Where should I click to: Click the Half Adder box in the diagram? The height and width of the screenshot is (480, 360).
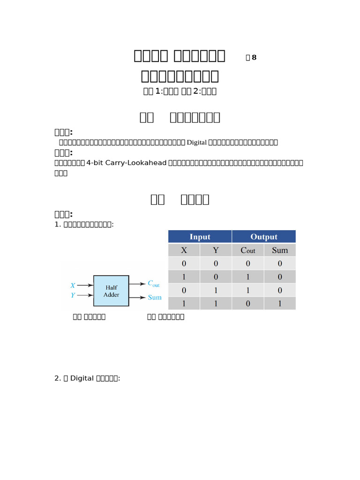click(111, 291)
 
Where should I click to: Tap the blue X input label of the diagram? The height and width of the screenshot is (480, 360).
click(73, 285)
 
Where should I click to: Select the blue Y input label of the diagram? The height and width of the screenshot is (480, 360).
click(73, 295)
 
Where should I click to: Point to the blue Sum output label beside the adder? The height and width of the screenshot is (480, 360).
click(155, 297)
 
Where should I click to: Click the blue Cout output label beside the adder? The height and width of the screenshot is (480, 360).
click(154, 284)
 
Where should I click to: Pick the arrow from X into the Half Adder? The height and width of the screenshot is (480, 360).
click(85, 285)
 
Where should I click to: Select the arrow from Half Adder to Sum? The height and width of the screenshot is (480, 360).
click(137, 297)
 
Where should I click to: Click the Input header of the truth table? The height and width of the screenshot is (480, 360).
click(200, 237)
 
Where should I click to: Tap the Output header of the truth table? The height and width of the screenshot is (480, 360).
click(264, 237)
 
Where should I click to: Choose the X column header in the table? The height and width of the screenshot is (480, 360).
click(184, 250)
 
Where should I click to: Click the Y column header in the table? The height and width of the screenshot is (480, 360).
click(216, 250)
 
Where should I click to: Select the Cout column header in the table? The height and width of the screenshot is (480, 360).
click(247, 250)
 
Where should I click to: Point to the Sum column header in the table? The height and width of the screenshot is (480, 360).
click(280, 250)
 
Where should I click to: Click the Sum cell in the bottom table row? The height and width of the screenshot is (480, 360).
click(280, 303)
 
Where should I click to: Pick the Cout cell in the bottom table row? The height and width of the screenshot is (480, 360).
click(247, 303)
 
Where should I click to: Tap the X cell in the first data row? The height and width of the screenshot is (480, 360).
click(184, 263)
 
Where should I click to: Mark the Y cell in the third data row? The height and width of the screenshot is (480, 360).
click(216, 290)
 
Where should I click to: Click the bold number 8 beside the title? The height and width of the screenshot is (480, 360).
click(254, 58)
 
